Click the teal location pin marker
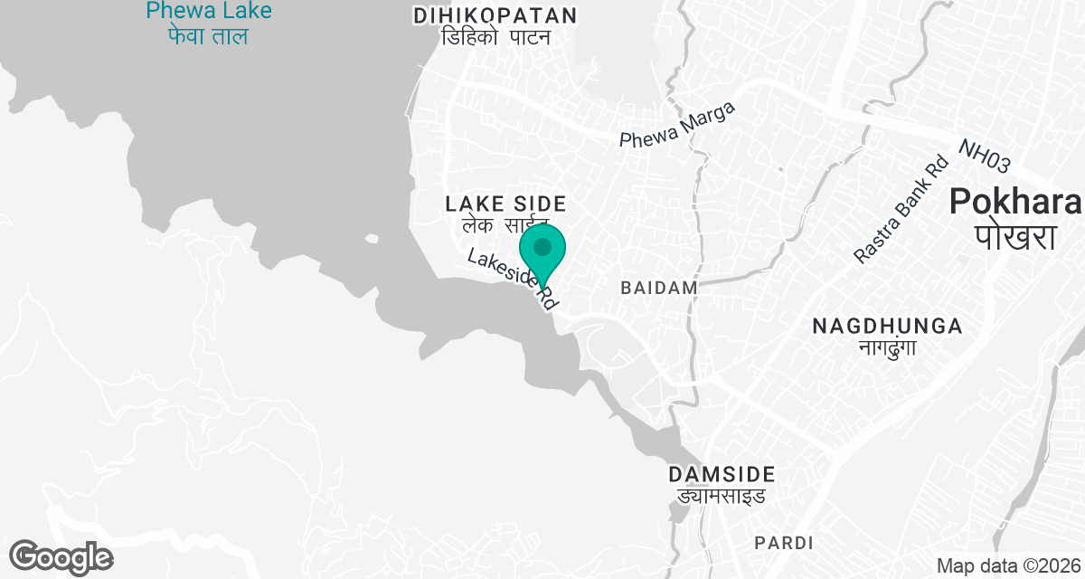click(542, 250)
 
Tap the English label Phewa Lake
click(208, 12)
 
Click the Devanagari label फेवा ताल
click(208, 37)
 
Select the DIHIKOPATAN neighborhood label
click(495, 15)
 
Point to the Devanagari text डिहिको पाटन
click(495, 37)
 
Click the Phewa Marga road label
click(677, 126)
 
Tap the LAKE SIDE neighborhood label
click(505, 204)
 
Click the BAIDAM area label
click(659, 288)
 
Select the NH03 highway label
click(984, 157)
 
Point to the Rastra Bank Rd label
click(901, 210)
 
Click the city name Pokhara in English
click(1015, 202)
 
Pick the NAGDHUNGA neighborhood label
click(886, 327)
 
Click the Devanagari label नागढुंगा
click(886, 348)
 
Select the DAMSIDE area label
click(722, 474)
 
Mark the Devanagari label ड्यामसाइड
click(722, 496)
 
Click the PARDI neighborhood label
click(783, 543)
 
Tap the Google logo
click(61, 556)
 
